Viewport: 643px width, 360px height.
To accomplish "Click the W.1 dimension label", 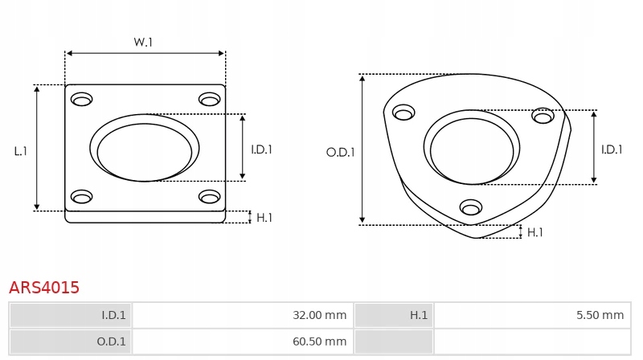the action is click(x=143, y=43).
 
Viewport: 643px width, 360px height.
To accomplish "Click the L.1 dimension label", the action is click(x=21, y=151).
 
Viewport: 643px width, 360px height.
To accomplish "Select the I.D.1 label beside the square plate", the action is click(x=262, y=149).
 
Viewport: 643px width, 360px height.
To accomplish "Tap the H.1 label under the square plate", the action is click(x=264, y=218).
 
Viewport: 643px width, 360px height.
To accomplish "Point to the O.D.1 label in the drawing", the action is click(x=340, y=153).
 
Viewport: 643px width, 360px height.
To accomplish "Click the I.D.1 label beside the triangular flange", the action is click(x=612, y=149).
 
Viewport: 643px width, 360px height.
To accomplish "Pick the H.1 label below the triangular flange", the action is click(x=534, y=232).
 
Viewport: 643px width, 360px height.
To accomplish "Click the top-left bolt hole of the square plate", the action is click(x=82, y=99).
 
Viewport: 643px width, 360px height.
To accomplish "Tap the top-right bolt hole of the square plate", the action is click(x=210, y=99).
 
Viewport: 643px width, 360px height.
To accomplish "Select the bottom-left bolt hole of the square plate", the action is click(x=82, y=197).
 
